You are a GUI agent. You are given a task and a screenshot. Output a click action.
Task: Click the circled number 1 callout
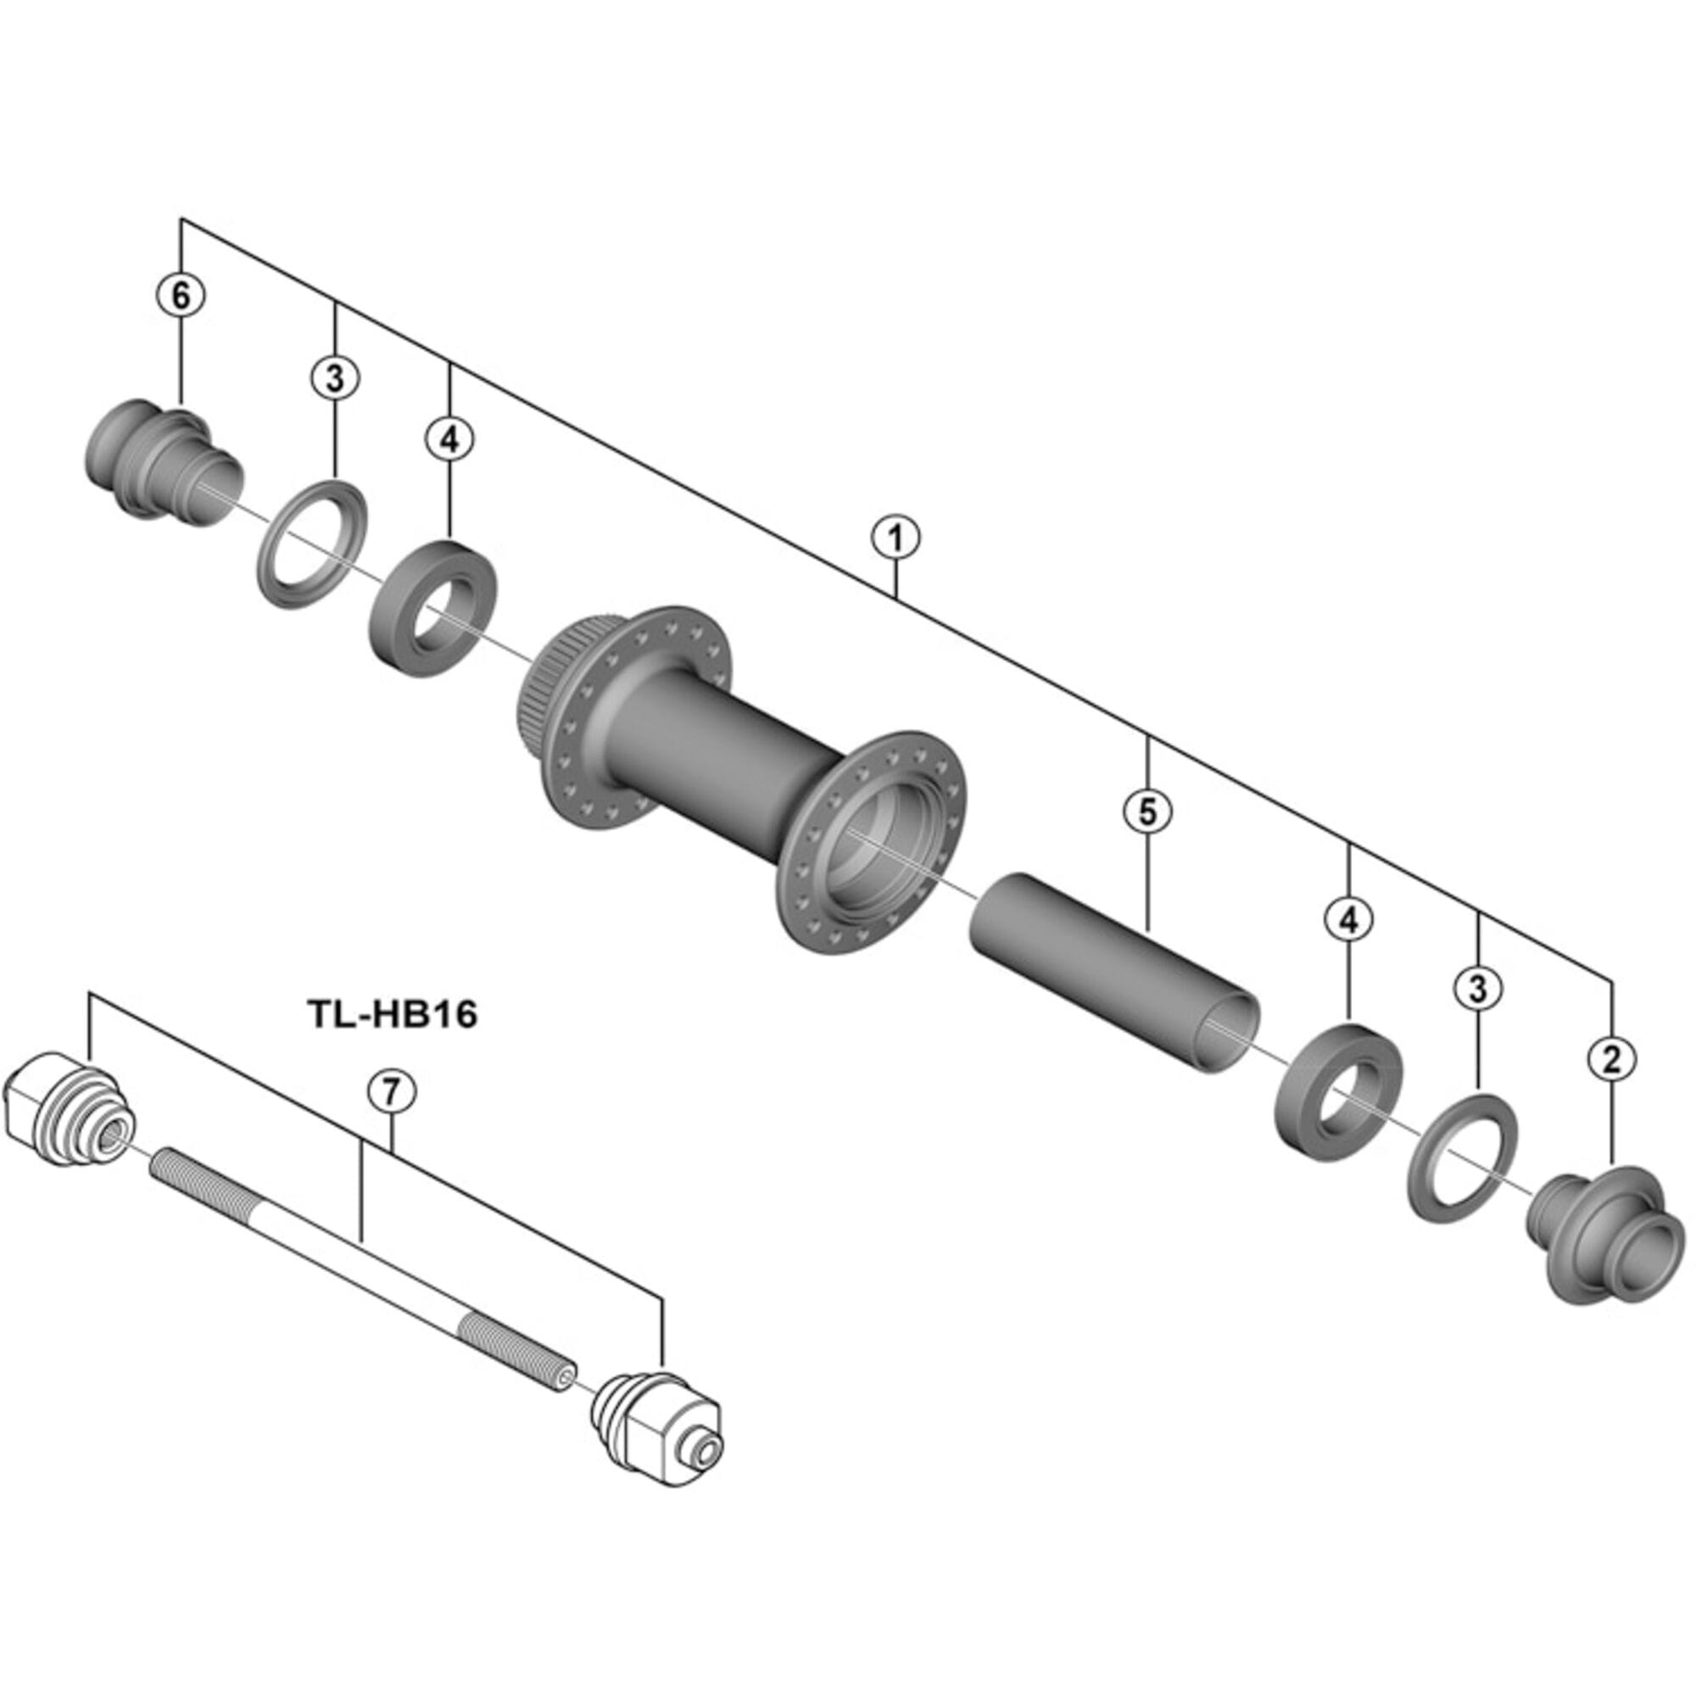coord(895,538)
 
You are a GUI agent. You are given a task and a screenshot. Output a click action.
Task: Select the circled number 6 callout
coord(181,297)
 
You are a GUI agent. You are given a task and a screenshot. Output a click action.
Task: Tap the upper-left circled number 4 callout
coord(449,439)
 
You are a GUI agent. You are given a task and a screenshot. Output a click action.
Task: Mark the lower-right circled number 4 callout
coord(1348,919)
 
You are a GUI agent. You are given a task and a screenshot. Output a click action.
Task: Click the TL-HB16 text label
coord(393,1015)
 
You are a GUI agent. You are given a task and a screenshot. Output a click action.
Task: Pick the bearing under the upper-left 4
coord(430,608)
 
